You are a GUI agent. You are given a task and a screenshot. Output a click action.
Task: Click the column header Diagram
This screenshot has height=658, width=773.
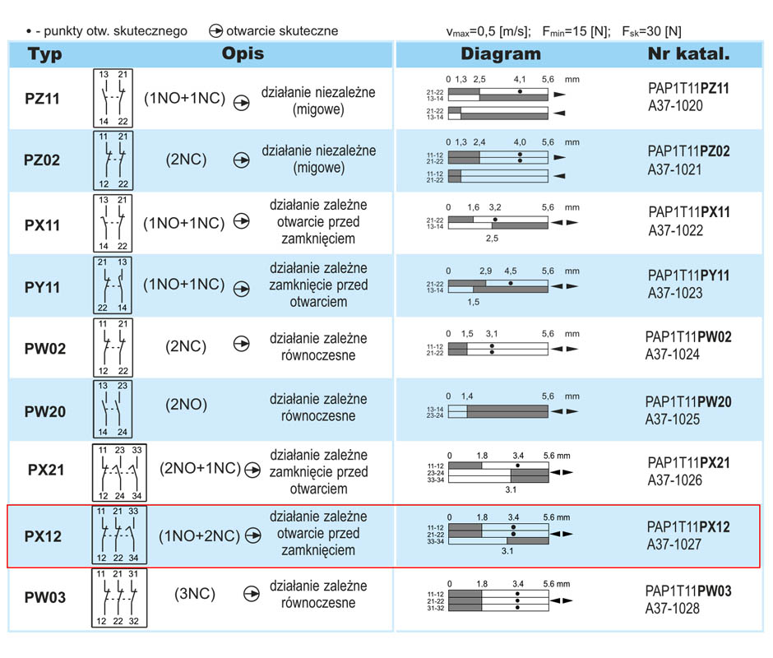(500, 53)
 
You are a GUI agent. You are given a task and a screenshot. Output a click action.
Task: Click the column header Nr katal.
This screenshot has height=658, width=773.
(688, 53)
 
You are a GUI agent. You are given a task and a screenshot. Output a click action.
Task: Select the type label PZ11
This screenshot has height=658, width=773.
(43, 98)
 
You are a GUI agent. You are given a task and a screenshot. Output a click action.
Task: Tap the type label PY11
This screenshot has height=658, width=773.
(43, 287)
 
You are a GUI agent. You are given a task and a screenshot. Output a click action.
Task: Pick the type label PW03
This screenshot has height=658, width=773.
(45, 597)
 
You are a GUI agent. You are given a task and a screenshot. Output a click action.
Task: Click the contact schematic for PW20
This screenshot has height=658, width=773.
(113, 409)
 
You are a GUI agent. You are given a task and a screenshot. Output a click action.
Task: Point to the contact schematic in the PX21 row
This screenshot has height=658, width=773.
(119, 473)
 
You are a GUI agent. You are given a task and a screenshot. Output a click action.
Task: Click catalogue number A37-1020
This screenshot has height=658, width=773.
(675, 105)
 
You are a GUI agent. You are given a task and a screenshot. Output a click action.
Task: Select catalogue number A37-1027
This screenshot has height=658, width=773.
(674, 544)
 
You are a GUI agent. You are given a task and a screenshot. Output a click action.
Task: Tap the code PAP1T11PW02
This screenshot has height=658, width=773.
(688, 337)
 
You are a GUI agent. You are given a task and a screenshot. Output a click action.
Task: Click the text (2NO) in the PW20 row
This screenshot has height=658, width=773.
(186, 405)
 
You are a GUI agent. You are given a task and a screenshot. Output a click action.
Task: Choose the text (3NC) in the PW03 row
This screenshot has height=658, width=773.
(195, 593)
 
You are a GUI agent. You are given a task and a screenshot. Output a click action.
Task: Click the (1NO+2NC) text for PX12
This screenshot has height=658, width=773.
(199, 535)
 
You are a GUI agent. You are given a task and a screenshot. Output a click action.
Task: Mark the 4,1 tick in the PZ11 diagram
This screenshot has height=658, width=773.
(520, 79)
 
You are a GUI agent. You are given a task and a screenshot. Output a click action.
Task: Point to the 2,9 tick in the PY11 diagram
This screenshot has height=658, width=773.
(485, 271)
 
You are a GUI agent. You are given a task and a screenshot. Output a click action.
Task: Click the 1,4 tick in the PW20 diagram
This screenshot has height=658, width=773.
(467, 396)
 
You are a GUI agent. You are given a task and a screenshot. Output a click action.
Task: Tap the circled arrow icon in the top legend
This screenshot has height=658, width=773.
(215, 31)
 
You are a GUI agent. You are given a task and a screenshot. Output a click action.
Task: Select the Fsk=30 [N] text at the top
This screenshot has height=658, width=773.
(651, 31)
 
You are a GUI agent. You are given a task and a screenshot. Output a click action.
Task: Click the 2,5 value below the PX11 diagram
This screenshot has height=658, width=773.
(492, 239)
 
